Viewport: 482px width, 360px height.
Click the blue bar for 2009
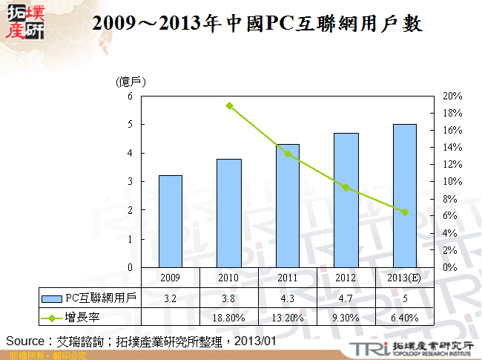[171, 221]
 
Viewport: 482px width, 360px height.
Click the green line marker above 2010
[229, 106]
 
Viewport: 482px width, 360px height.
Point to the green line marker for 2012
[346, 188]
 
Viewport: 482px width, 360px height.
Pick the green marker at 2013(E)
[404, 212]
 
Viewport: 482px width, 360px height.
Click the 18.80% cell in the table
[229, 318]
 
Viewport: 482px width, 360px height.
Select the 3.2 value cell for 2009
[171, 298]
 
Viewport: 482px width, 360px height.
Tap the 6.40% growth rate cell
[404, 318]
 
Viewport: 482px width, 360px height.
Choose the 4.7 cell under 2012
[346, 298]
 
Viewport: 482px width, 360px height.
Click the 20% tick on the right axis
[452, 96]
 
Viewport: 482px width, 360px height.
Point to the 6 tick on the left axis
[130, 96]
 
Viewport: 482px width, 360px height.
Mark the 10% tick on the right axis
[452, 182]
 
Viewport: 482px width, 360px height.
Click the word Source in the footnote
[25, 340]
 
